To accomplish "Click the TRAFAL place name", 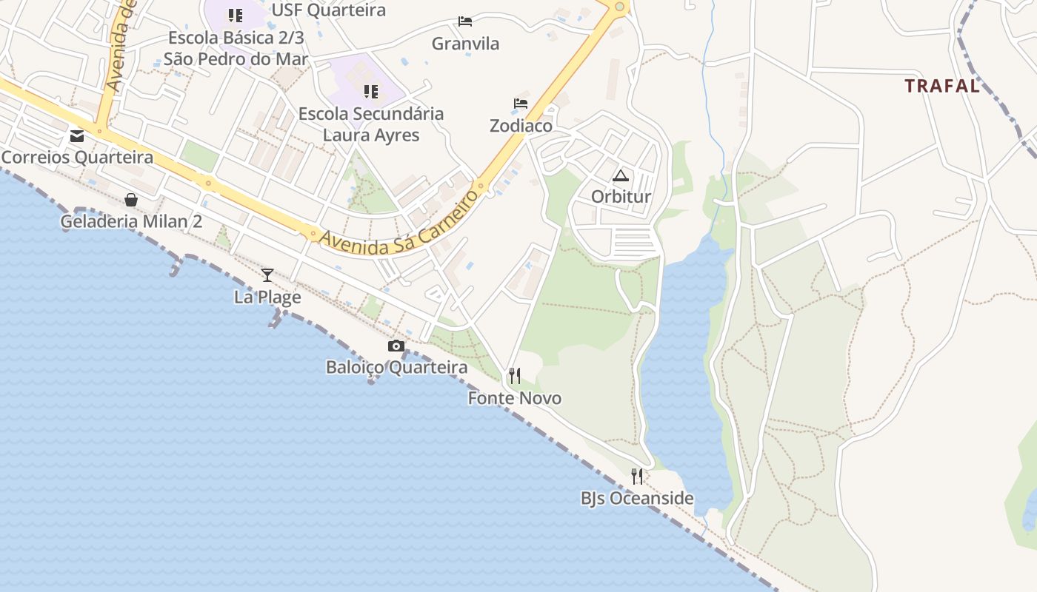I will point(942,86).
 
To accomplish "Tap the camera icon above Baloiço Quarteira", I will point(396,346).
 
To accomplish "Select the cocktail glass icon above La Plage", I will point(267,275).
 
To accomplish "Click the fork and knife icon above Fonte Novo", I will point(514,376).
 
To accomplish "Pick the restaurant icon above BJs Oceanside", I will point(637,476).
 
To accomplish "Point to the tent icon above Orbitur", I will point(620,175).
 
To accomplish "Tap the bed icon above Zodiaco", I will point(521,104).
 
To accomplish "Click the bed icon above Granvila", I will point(465,21).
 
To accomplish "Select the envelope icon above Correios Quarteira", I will point(77,136).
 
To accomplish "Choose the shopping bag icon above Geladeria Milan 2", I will point(131,200).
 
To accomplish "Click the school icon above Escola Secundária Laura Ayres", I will point(371,92).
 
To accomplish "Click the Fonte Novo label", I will point(514,398).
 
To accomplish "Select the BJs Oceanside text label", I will point(637,498).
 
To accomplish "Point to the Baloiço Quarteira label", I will point(396,367).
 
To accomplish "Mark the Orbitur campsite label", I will point(621,197).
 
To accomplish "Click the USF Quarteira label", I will point(328,10).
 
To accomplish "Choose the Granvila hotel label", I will point(465,44).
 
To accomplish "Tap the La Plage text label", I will point(267,297).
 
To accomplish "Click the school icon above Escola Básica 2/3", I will point(236,16).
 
